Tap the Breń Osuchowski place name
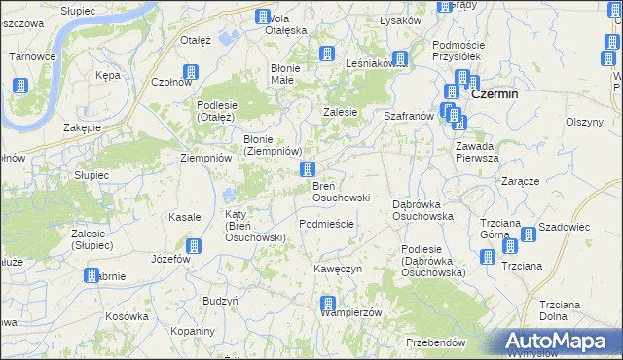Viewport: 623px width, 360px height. [x=340, y=192]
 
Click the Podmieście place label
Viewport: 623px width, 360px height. [x=327, y=224]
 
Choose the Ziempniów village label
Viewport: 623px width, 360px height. [x=205, y=158]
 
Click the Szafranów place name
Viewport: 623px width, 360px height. [x=409, y=115]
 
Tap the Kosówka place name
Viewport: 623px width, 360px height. [x=127, y=316]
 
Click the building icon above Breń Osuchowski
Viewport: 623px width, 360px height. [x=308, y=170]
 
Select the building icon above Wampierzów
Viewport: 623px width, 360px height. [x=328, y=304]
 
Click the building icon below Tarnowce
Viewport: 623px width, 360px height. [x=19, y=86]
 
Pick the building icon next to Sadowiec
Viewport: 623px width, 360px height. [x=528, y=234]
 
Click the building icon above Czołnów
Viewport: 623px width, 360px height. [x=191, y=73]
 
